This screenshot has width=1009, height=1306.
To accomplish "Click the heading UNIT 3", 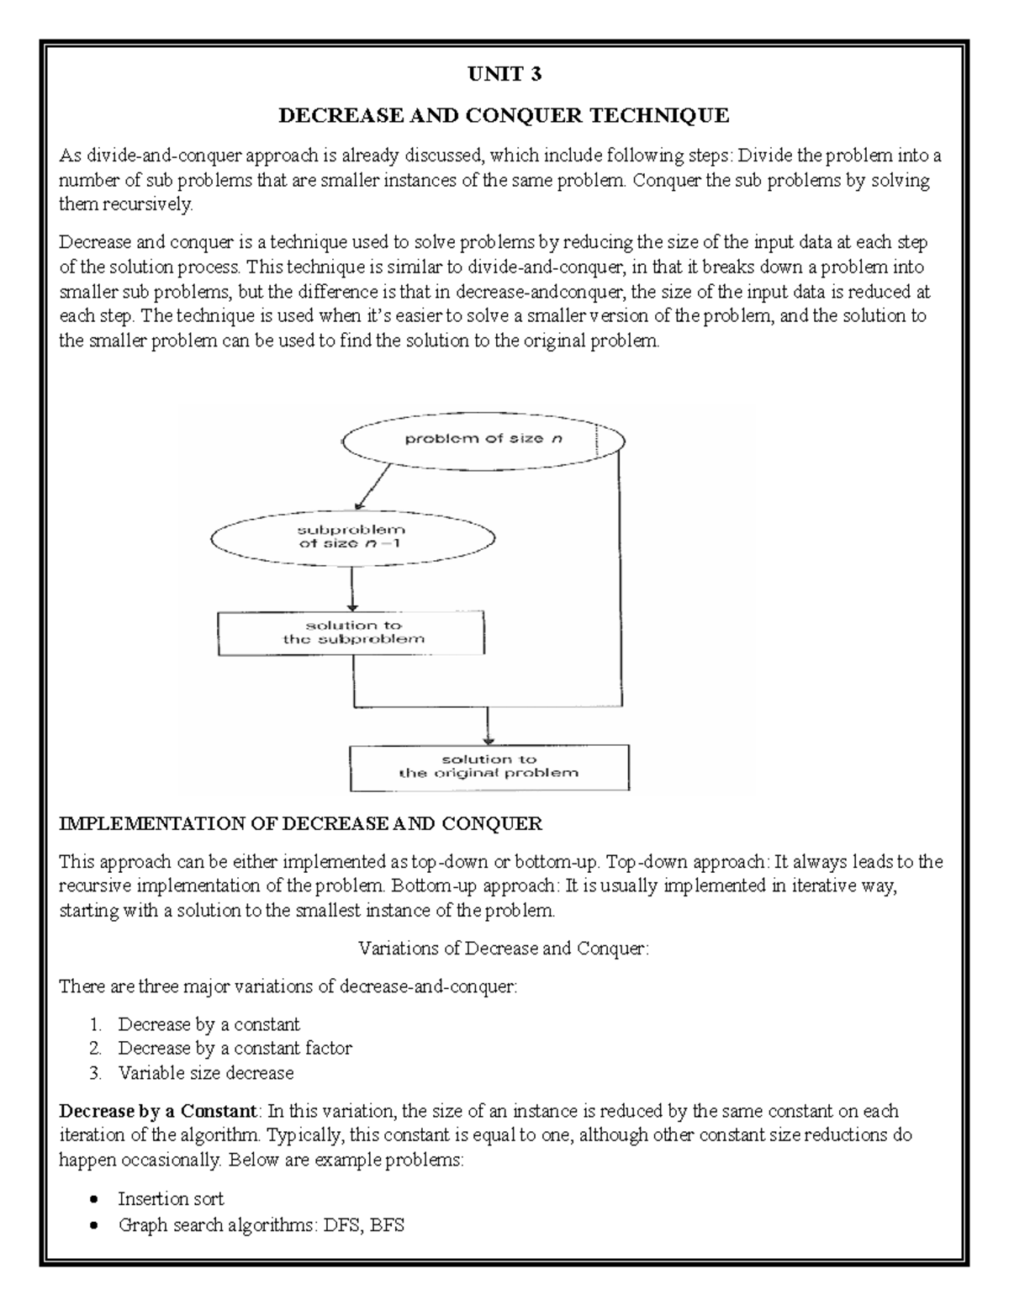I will tap(504, 75).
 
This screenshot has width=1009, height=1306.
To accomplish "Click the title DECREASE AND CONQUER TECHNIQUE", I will tap(504, 115).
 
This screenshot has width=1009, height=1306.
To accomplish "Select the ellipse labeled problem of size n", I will tap(483, 439).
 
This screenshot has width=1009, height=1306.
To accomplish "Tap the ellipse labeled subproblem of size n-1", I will tap(352, 537).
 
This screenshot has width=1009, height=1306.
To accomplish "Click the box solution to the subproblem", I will tap(351, 632).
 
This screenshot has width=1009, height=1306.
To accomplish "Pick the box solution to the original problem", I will tap(489, 766).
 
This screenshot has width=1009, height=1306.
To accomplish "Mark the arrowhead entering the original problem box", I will tap(488, 737).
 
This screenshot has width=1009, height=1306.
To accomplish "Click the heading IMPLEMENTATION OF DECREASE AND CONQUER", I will tap(300, 823).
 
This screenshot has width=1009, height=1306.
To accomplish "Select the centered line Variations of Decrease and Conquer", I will tap(504, 948).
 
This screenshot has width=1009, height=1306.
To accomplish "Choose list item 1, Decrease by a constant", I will tap(209, 1024).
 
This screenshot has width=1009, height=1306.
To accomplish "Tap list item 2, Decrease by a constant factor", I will tap(235, 1048).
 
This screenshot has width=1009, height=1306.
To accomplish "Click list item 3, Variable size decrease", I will tap(206, 1073).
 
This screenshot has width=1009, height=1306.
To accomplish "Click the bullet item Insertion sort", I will tap(171, 1198).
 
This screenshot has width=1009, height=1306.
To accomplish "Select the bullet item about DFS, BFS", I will tap(261, 1224).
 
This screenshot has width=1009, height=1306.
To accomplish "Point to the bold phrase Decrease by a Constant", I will tap(156, 1111).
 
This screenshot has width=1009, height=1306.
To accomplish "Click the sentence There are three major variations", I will tap(288, 986).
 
